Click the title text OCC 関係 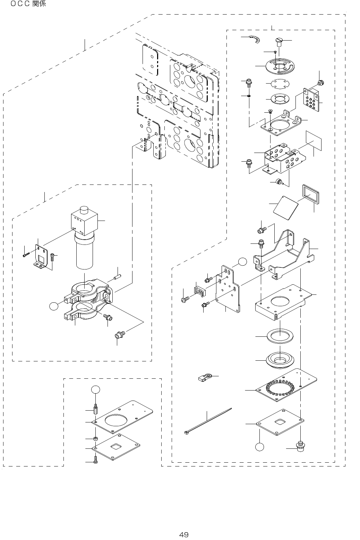(28, 4)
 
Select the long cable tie (207, 421)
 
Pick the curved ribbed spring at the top (256, 40)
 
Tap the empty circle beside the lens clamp (53, 306)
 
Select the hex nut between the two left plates (95, 439)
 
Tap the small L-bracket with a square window (42, 256)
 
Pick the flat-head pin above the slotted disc (280, 42)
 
